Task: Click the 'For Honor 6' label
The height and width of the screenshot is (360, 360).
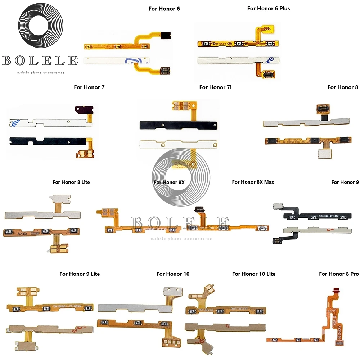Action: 164,9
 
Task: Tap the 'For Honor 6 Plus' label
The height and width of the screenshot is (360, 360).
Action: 269,8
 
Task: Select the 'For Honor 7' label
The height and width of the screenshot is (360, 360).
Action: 89,87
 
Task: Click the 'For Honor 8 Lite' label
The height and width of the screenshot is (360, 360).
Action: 71,182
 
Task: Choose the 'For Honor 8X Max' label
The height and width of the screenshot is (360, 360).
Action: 253,182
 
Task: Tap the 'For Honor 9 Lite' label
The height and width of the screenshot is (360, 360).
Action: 80,274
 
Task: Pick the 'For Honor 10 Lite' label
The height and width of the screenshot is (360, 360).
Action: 254,274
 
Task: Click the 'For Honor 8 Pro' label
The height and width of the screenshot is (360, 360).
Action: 339,274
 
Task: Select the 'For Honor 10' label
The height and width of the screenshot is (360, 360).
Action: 173,274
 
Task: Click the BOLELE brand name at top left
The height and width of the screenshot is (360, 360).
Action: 40,60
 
